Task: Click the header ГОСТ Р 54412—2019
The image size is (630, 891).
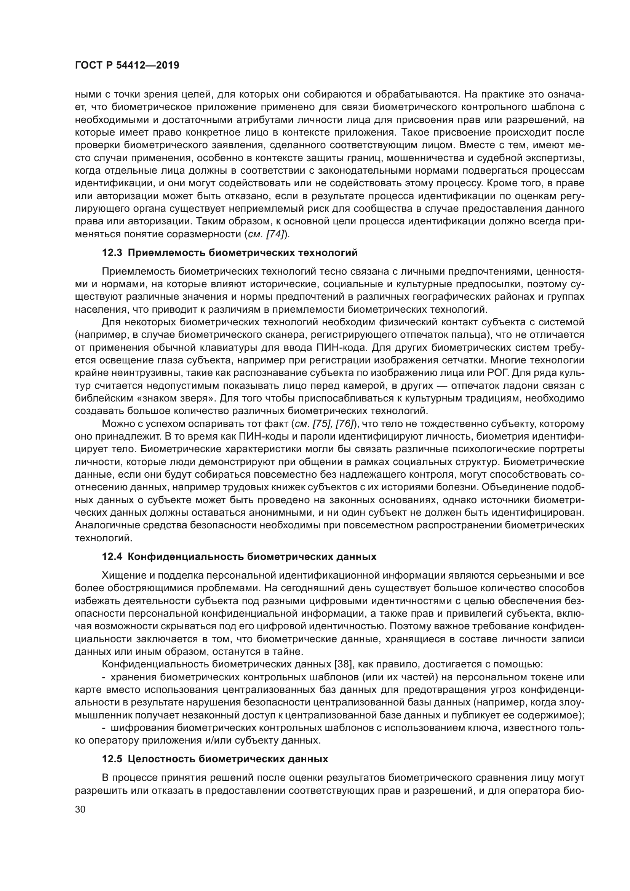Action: [x=127, y=66]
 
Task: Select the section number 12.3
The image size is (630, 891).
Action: [x=112, y=253]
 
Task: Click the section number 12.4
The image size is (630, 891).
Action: [x=112, y=557]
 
